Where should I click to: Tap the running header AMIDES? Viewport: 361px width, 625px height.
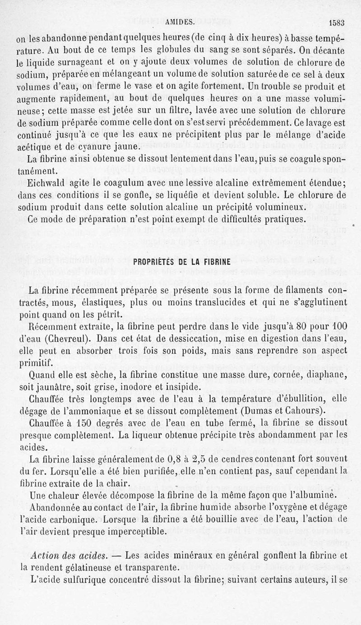pyautogui.click(x=179, y=21)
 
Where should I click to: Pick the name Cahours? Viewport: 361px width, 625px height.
pyautogui.click(x=305, y=411)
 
